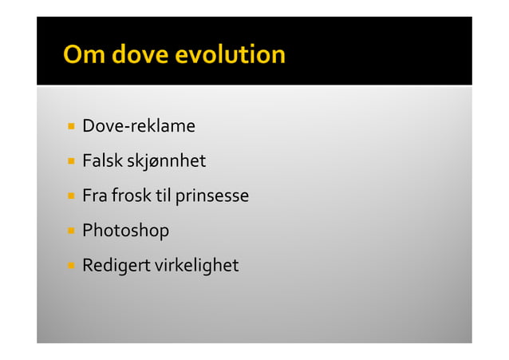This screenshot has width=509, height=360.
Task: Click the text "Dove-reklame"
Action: tap(139, 126)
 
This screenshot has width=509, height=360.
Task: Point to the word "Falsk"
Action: tap(101, 161)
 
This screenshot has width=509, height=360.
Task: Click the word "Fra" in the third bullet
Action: tap(95, 196)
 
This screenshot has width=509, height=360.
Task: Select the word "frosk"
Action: tap(131, 196)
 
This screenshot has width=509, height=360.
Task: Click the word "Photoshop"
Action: tap(126, 231)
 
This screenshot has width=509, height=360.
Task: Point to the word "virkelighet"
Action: tap(195, 265)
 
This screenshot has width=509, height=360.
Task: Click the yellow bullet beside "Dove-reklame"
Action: tap(71, 126)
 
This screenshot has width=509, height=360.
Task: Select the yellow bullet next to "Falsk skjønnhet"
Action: tap(71, 161)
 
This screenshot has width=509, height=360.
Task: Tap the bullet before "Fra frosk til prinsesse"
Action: tap(71, 196)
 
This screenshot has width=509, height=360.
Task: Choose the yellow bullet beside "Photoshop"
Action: tap(71, 231)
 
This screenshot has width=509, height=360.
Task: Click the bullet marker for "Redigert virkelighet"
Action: tap(71, 265)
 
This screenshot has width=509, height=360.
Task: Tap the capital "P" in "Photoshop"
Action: tap(88, 231)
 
